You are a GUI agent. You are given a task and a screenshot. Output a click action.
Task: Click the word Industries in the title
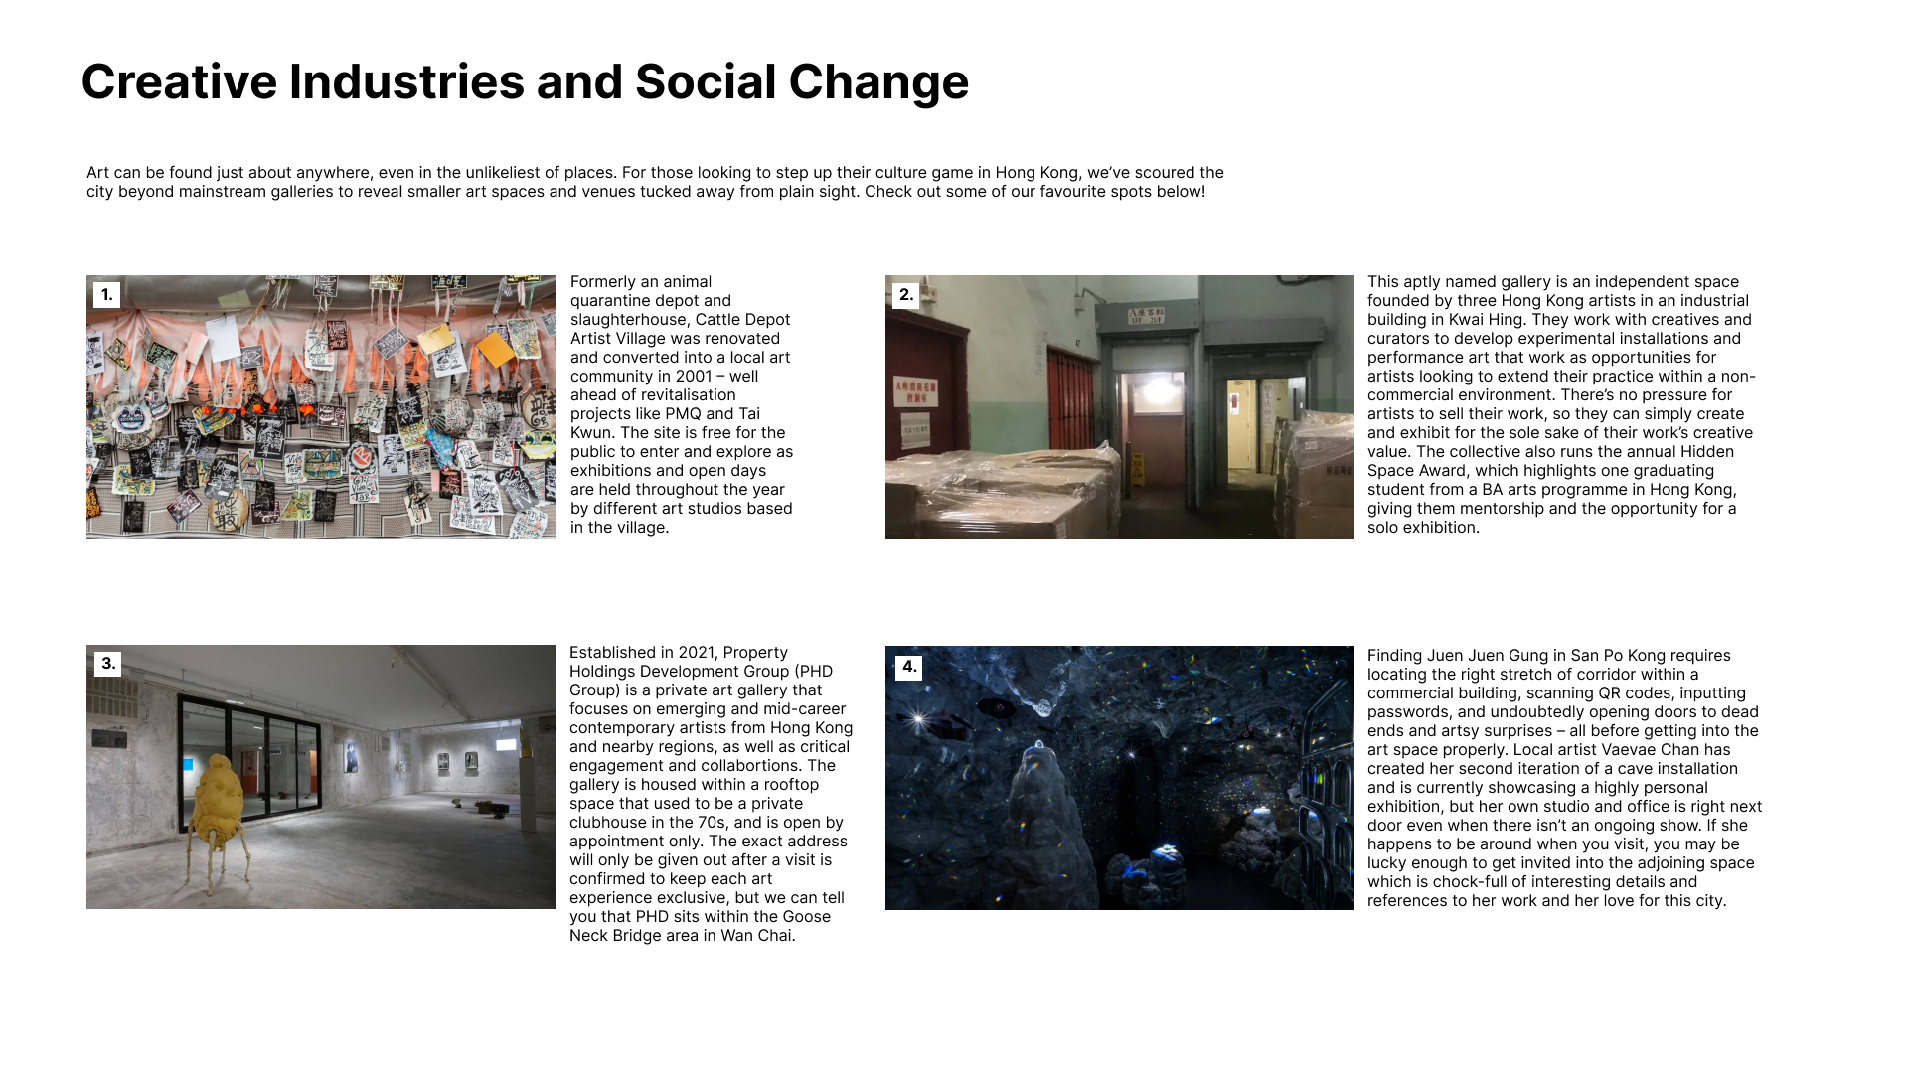pyautogui.click(x=405, y=81)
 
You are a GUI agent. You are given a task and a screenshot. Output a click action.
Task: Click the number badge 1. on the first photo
pyautogui.click(x=106, y=295)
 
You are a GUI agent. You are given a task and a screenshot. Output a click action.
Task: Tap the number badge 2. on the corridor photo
pyautogui.click(x=905, y=295)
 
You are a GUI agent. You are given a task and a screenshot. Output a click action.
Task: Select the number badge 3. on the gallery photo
pyautogui.click(x=107, y=664)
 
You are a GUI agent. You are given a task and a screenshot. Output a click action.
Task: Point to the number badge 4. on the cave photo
pyautogui.click(x=908, y=667)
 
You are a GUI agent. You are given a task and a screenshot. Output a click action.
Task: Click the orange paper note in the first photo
pyautogui.click(x=494, y=348)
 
